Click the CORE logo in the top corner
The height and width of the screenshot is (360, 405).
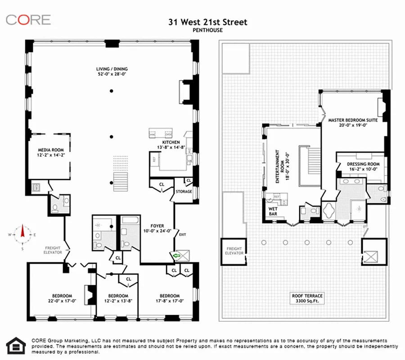click(28, 20)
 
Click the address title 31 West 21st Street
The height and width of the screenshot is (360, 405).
click(202, 22)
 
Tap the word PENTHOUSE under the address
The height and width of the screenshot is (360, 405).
click(202, 31)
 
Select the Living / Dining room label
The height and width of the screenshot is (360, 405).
click(112, 71)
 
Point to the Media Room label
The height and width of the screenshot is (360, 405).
click(50, 153)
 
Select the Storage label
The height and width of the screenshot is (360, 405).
click(184, 191)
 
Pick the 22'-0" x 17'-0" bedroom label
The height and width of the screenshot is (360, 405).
click(63, 298)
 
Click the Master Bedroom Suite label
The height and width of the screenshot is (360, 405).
click(352, 123)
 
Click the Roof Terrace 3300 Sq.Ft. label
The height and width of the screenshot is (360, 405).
click(307, 298)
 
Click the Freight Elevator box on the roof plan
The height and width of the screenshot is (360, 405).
click(234, 251)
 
